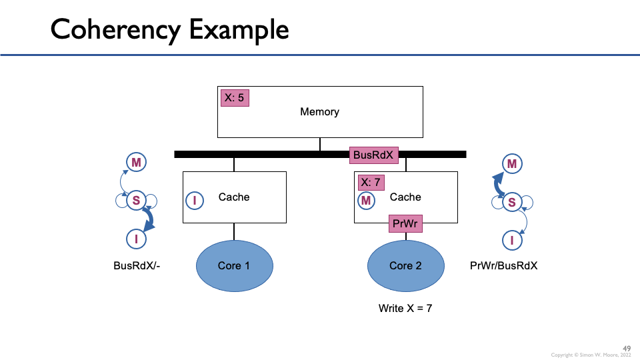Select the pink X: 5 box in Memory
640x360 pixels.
(x=235, y=97)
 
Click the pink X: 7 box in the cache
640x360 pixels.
(x=370, y=182)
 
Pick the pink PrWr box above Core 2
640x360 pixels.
(x=405, y=223)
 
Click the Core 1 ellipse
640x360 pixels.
(x=234, y=265)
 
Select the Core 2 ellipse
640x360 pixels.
(x=405, y=265)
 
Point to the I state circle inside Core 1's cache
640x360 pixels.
(x=195, y=199)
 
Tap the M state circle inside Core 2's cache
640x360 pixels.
(x=366, y=199)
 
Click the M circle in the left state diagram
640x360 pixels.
(x=136, y=162)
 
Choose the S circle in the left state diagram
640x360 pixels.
(x=136, y=199)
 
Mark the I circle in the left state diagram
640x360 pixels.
(x=136, y=238)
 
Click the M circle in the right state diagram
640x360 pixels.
(x=512, y=163)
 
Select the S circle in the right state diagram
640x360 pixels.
(x=512, y=201)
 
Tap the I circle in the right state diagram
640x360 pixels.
(x=512, y=240)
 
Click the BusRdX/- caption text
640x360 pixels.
(x=137, y=265)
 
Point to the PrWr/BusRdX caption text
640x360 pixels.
(x=503, y=265)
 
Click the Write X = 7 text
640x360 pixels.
(x=405, y=308)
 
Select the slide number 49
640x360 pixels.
(x=627, y=348)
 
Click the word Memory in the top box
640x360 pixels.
(x=319, y=112)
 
